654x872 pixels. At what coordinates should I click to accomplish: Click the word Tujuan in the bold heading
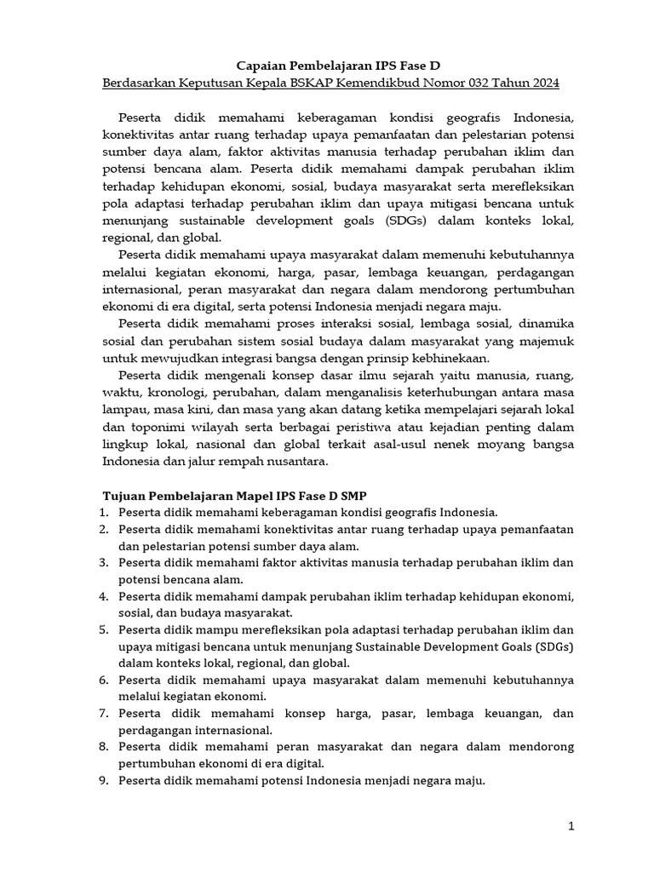[x=123, y=494]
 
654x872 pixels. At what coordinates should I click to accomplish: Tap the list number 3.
[x=104, y=562]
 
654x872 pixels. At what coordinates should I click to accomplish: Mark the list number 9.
[x=104, y=779]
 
